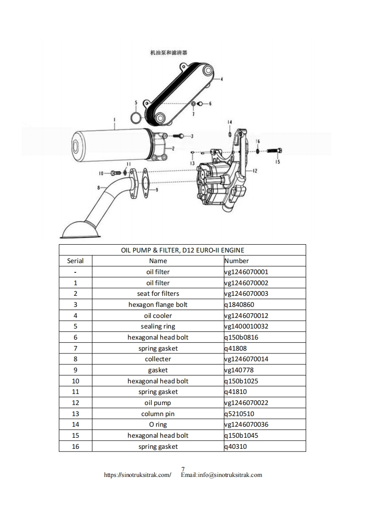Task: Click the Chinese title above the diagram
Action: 168,53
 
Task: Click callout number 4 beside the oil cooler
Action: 221,79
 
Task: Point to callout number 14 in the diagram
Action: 230,122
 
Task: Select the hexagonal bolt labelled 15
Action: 272,150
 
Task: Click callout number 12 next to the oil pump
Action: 255,170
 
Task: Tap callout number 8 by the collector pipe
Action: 98,188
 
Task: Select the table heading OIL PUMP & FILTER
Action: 182,250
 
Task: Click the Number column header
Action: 236,261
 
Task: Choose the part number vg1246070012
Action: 246,316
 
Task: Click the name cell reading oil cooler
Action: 158,316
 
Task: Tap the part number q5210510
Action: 239,414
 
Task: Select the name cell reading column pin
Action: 158,414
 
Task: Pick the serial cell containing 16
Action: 75,446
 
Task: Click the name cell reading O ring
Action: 158,424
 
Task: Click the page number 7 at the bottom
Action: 183,469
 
